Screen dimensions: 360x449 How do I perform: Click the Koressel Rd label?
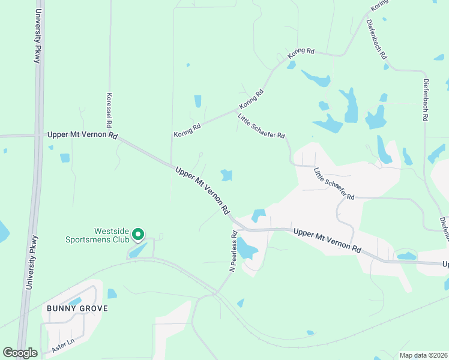[109, 110]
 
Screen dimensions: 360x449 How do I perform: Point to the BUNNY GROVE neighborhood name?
[77, 308]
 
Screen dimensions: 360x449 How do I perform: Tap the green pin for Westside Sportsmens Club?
[137, 235]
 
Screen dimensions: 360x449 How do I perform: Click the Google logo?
[20, 353]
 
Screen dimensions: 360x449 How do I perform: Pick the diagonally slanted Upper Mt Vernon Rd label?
[203, 191]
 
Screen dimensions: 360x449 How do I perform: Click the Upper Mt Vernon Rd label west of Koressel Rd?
[82, 136]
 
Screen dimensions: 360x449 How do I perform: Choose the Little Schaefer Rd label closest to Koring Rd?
[261, 127]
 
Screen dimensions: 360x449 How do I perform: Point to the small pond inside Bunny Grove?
[74, 301]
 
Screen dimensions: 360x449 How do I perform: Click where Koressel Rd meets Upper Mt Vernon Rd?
[110, 135]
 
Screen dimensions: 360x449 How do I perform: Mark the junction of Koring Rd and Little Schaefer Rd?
[236, 111]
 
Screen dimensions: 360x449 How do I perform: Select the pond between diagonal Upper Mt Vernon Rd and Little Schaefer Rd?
[226, 175]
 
